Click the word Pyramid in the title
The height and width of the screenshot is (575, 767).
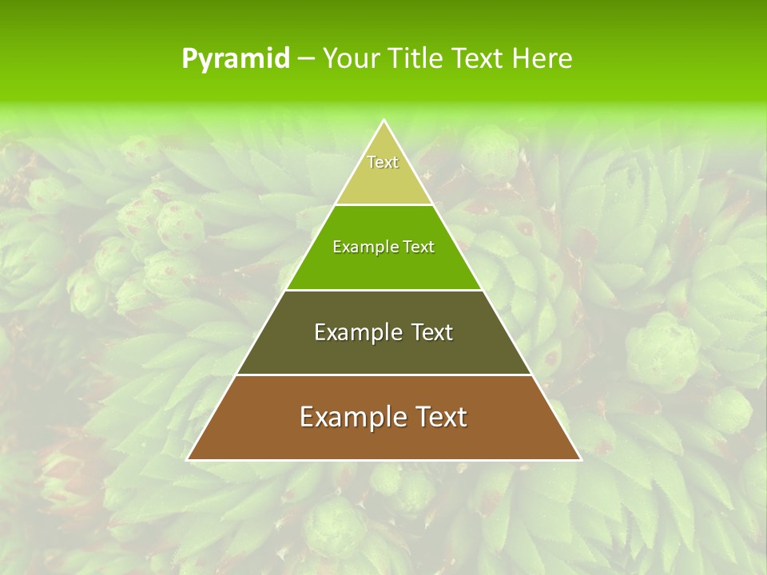click(236, 59)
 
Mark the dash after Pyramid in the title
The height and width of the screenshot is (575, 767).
click(306, 59)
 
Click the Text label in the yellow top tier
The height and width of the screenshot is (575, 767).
click(383, 162)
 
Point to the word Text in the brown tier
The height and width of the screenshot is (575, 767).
click(442, 417)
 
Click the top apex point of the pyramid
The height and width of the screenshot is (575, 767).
click(383, 121)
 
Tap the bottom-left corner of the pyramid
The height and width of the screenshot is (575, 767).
click(188, 459)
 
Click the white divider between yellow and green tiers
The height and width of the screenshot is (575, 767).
click(383, 204)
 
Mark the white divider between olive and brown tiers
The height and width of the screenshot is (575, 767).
click(383, 375)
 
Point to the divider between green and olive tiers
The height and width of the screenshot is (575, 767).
click(383, 290)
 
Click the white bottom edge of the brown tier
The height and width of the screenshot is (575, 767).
click(383, 460)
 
